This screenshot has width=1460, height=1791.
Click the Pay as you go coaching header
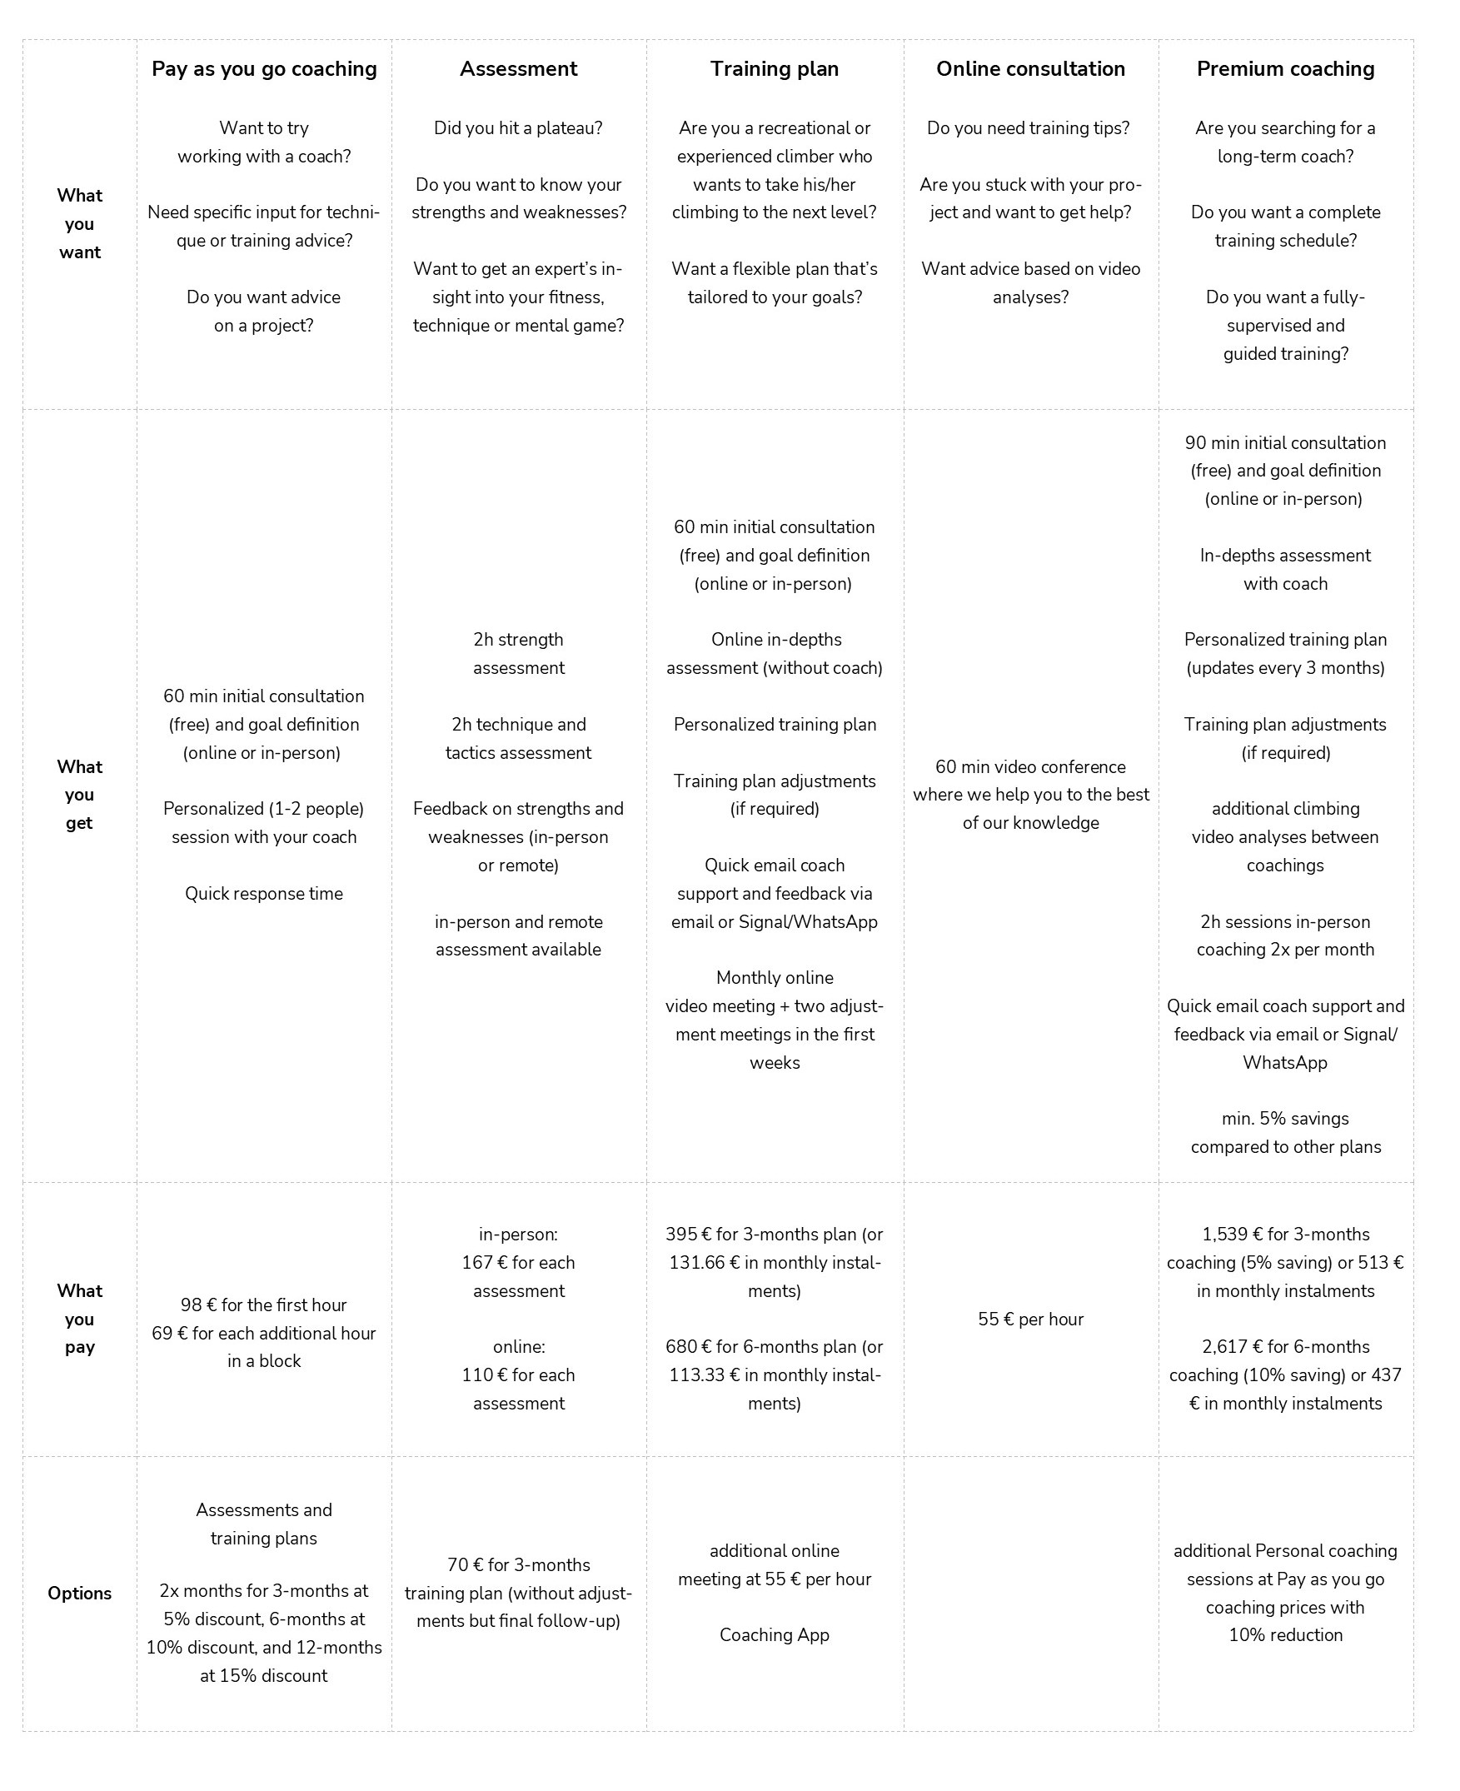pyautogui.click(x=264, y=69)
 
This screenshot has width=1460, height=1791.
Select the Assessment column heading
pyautogui.click(x=518, y=69)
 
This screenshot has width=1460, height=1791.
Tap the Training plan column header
pyautogui.click(x=774, y=69)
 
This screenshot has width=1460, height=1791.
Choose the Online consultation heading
pyautogui.click(x=1030, y=69)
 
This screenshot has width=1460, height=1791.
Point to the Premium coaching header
pyautogui.click(x=1285, y=69)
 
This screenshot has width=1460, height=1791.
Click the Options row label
pyautogui.click(x=79, y=1594)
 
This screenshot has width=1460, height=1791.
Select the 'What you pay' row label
pyautogui.click(x=79, y=1318)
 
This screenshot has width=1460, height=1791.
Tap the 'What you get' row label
pyautogui.click(x=79, y=794)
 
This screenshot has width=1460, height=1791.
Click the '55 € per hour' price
pyautogui.click(x=1030, y=1319)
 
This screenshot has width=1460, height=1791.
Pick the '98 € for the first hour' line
pyautogui.click(x=263, y=1305)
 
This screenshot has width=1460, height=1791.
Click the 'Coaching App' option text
pyautogui.click(x=774, y=1634)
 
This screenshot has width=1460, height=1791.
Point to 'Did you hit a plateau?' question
pyautogui.click(x=518, y=127)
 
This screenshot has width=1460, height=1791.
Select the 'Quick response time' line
pyautogui.click(x=263, y=893)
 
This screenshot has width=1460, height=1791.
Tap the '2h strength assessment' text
pyautogui.click(x=518, y=654)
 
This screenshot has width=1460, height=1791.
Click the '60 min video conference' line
pyautogui.click(x=1030, y=766)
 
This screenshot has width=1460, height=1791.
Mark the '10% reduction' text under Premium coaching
pyautogui.click(x=1285, y=1634)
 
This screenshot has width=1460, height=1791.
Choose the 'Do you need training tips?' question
pyautogui.click(x=1028, y=127)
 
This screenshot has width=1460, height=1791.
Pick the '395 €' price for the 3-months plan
pyautogui.click(x=688, y=1234)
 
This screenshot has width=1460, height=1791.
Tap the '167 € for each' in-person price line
pyautogui.click(x=518, y=1263)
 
